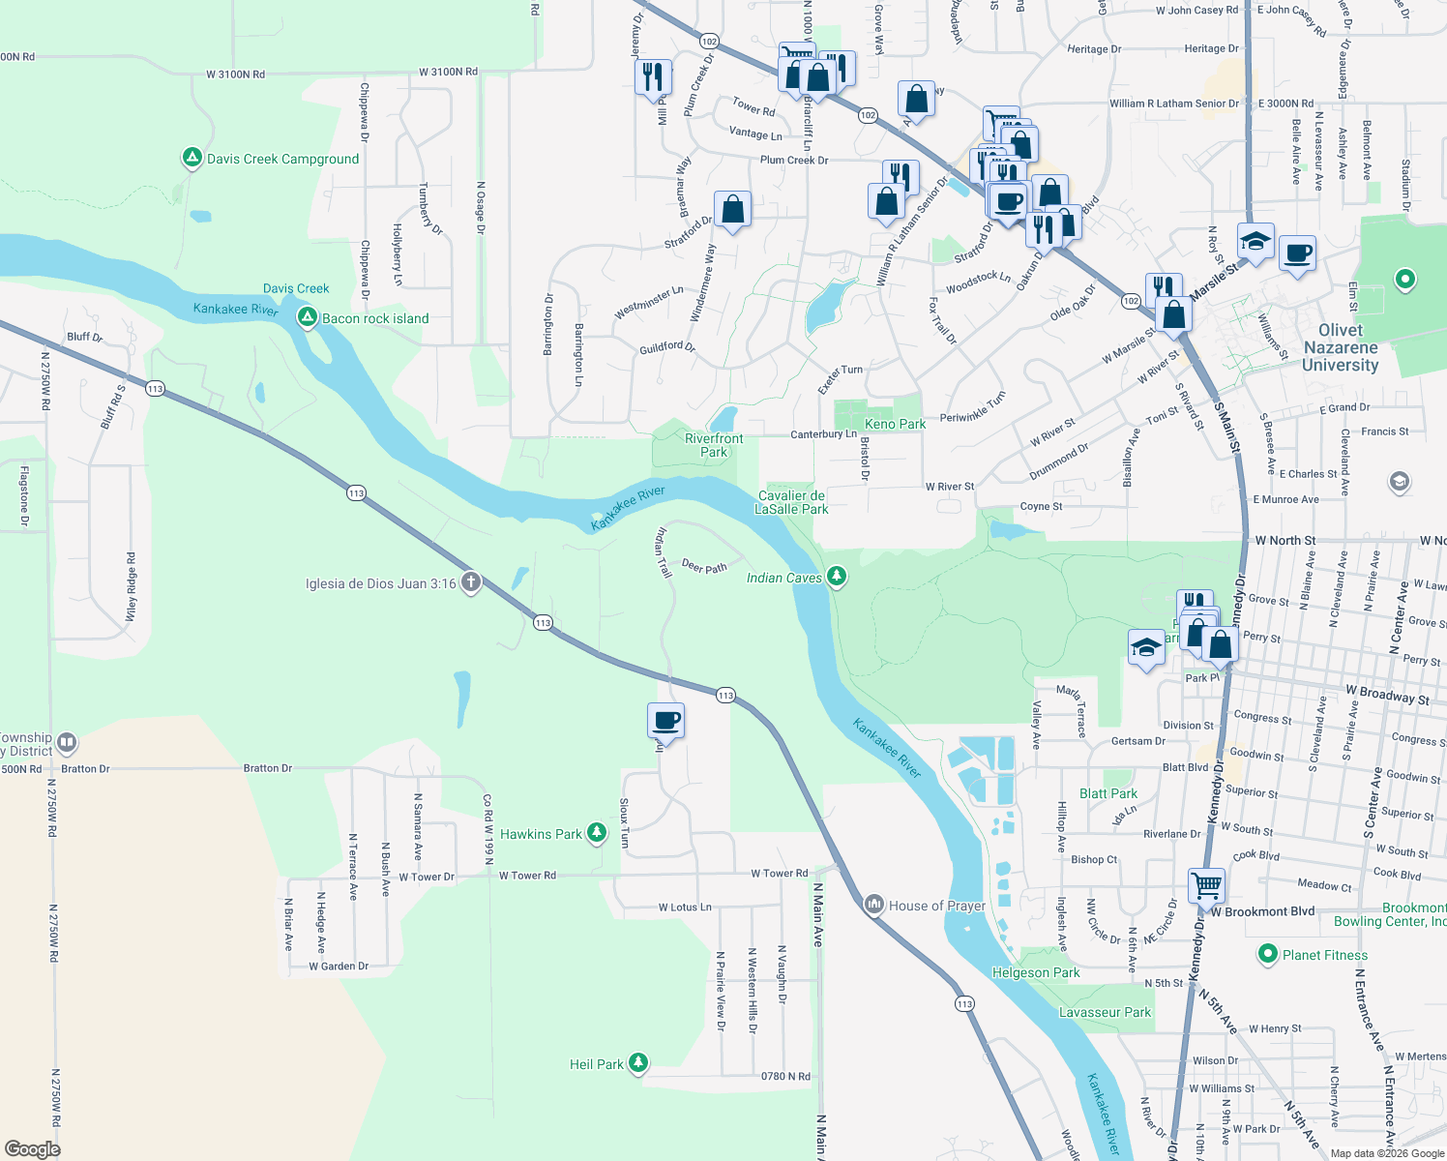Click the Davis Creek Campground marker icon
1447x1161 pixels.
192,158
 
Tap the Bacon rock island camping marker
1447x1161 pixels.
307,317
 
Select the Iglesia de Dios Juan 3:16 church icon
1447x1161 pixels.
470,582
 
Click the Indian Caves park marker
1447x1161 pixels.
837,577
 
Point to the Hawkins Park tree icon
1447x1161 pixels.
597,832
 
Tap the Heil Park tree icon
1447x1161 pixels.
637,1063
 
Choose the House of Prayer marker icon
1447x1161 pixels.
874,905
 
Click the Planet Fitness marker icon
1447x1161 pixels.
1267,954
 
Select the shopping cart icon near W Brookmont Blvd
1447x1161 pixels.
1206,883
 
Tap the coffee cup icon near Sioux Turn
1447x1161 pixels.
665,720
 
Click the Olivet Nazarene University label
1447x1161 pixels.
1340,347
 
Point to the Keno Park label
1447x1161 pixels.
895,424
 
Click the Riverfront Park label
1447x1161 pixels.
714,445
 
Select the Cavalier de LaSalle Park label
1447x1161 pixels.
792,502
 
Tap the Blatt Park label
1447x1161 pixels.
1108,793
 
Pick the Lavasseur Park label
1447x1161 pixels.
1105,1012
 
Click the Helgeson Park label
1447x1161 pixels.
1036,972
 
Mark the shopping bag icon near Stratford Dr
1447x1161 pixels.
732,209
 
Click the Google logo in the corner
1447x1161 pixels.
32,1148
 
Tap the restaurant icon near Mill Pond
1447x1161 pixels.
653,75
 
